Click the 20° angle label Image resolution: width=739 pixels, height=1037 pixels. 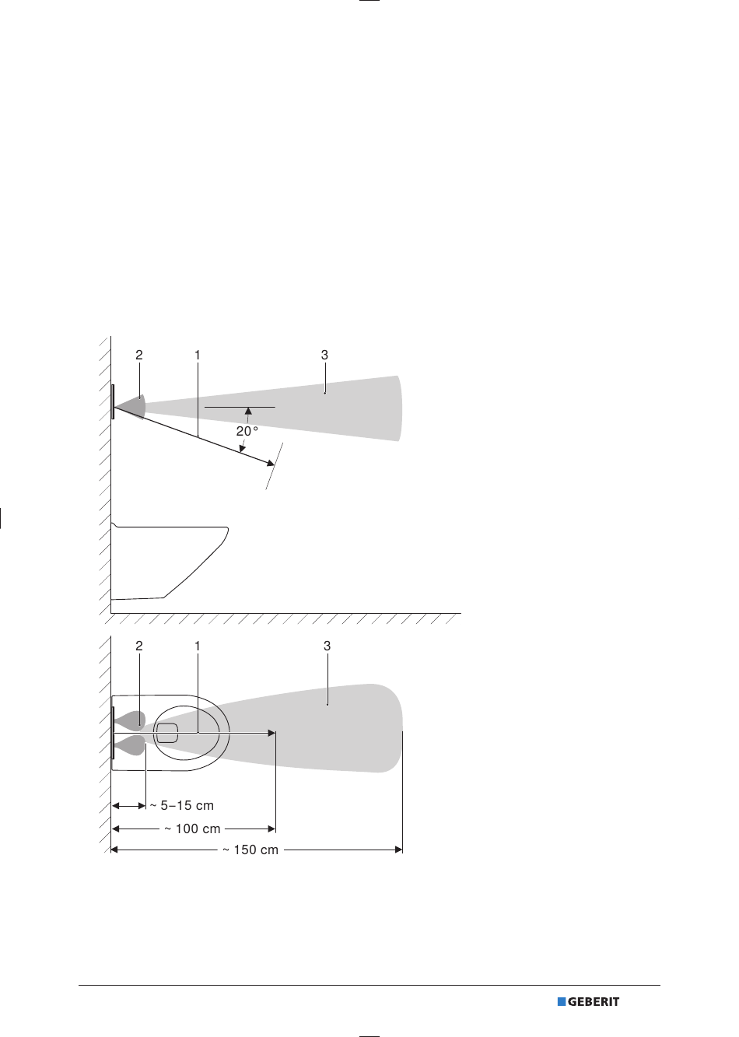tap(247, 432)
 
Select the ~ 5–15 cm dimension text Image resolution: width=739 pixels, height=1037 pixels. tap(181, 805)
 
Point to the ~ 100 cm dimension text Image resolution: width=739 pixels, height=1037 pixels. tap(192, 829)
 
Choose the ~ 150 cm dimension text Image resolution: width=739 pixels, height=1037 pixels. tap(250, 850)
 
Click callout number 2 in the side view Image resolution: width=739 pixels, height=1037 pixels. tap(139, 355)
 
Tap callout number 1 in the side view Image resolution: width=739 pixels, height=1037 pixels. tap(198, 355)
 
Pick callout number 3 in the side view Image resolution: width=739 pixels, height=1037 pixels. tap(324, 355)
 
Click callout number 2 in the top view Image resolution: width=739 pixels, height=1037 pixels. tap(139, 646)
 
